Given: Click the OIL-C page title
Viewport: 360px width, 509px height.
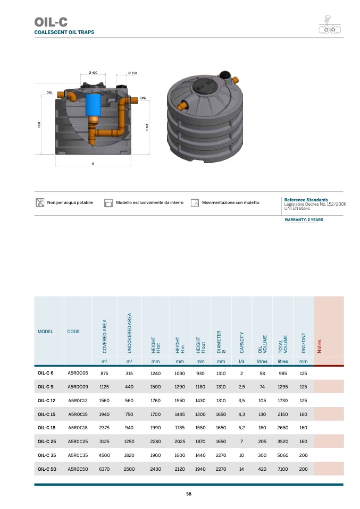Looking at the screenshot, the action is [x=51, y=22].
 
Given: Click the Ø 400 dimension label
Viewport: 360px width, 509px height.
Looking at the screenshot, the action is [x=93, y=73].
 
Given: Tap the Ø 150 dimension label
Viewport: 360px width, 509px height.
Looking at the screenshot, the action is [x=132, y=73].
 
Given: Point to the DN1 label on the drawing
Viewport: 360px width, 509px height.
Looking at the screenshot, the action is [x=49, y=93].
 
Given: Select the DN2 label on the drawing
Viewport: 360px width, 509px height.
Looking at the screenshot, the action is [x=143, y=98].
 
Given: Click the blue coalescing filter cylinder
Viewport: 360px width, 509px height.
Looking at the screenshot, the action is [x=93, y=105].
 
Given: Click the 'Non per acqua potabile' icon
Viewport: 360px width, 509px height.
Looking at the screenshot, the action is [x=40, y=202].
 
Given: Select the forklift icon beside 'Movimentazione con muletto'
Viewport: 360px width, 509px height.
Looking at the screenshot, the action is [x=195, y=203].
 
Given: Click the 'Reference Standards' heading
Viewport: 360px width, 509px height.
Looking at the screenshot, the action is [x=306, y=200].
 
